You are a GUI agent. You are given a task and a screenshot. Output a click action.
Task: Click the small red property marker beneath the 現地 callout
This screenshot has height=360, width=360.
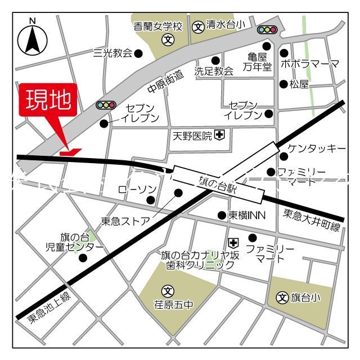[70, 151]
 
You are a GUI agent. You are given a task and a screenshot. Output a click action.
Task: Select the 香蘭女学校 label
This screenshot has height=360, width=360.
[159, 26]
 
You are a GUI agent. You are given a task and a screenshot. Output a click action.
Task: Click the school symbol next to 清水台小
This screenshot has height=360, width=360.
[198, 26]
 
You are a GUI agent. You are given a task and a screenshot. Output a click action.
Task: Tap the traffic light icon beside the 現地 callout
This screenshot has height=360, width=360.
[106, 105]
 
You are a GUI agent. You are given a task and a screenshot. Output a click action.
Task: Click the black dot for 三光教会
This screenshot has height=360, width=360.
[138, 54]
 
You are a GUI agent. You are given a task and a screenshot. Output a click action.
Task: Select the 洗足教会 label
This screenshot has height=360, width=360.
[214, 71]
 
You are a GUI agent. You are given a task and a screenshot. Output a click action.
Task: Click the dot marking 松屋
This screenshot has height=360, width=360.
[283, 84]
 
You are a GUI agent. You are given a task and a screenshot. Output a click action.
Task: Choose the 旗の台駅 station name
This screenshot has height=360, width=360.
[218, 184]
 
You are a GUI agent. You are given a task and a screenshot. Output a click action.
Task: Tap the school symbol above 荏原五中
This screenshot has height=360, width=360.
[167, 291]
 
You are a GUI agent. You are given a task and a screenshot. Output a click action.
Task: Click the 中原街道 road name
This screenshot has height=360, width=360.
[165, 82]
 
